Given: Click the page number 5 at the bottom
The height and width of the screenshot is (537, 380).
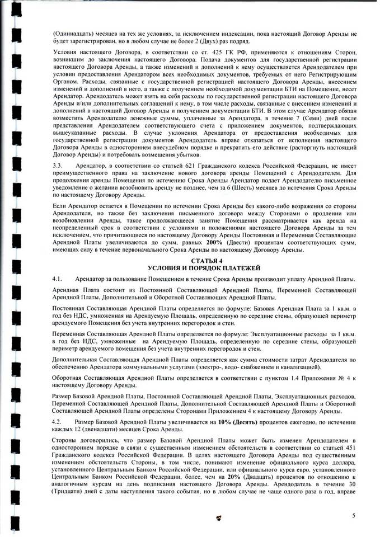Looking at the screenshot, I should click(x=354, y=515).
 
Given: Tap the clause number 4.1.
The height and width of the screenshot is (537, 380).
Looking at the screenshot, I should click(x=57, y=279).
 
